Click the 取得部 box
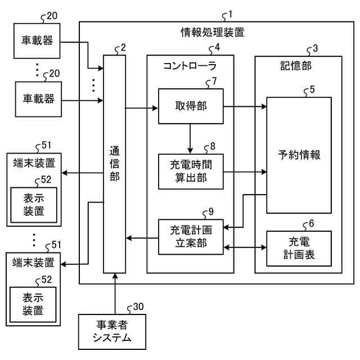click(x=191, y=106)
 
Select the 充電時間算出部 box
click(x=191, y=172)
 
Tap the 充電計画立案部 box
click(x=191, y=237)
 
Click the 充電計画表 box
click(x=299, y=249)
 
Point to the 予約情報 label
click(x=299, y=155)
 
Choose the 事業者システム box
click(x=112, y=332)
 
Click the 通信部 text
click(x=114, y=164)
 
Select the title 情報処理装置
click(x=213, y=32)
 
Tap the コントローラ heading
click(x=190, y=66)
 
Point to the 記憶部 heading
click(x=296, y=66)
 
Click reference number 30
click(x=138, y=307)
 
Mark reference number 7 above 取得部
click(x=214, y=81)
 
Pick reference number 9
click(x=211, y=211)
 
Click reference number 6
click(x=311, y=223)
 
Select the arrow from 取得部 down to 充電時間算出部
click(x=190, y=139)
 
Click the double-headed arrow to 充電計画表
click(x=245, y=247)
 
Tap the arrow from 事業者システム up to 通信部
click(x=115, y=294)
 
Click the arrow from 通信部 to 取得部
click(x=142, y=108)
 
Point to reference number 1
click(x=230, y=14)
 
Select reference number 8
click(x=213, y=146)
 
